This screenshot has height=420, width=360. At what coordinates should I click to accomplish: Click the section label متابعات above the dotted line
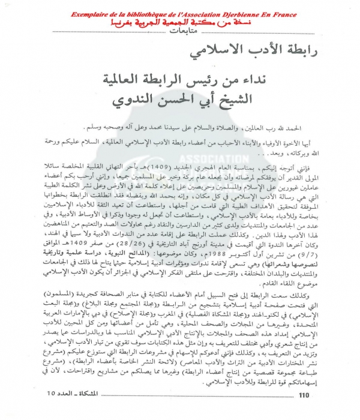(180, 29)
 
